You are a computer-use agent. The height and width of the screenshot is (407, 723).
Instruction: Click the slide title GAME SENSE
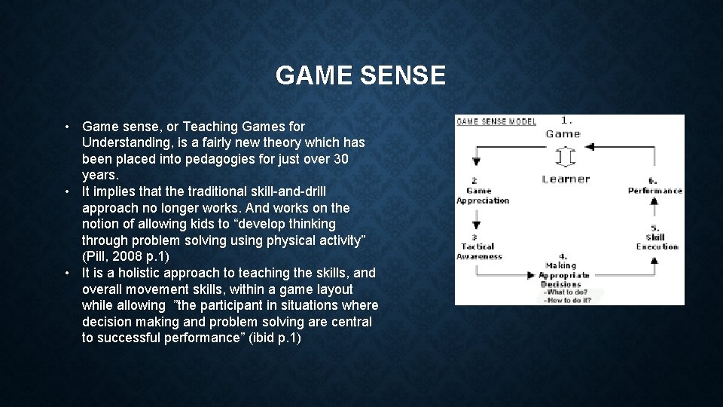pyautogui.click(x=361, y=75)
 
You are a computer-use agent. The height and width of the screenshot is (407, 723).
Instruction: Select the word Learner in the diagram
pyautogui.click(x=566, y=179)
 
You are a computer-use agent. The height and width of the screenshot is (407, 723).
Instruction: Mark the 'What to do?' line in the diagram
pyautogui.click(x=569, y=292)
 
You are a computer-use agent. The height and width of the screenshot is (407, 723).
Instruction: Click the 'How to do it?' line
pyautogui.click(x=569, y=300)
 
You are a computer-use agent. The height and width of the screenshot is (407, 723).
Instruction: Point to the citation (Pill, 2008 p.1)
pyautogui.click(x=126, y=256)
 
